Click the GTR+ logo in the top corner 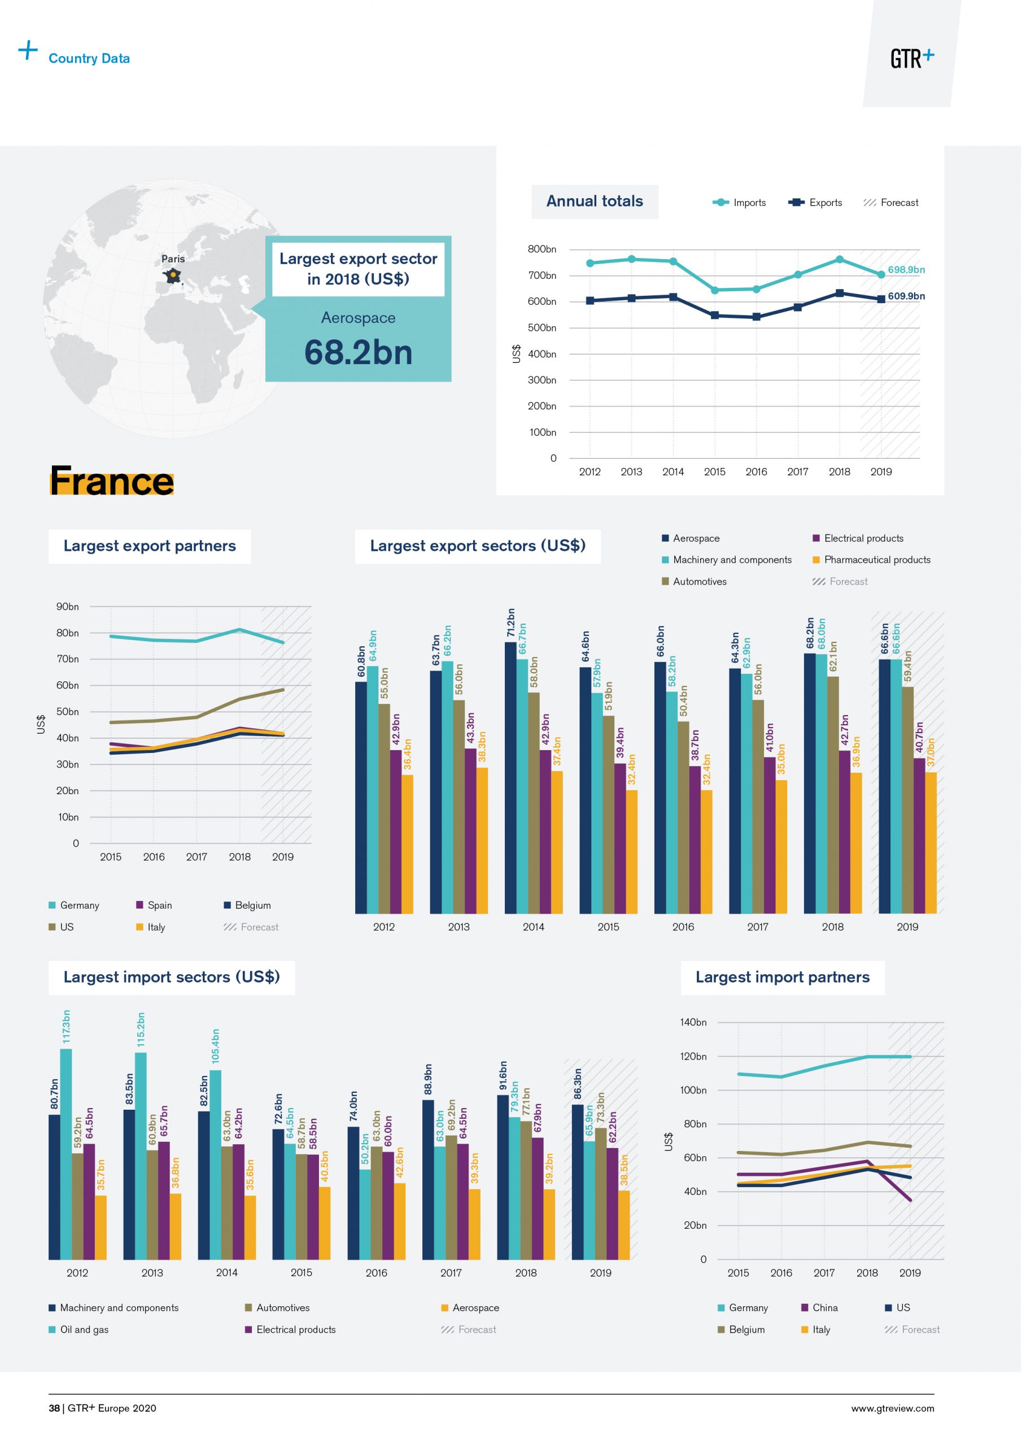point(911,58)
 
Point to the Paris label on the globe point(173,259)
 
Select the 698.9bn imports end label point(906,270)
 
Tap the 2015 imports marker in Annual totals point(714,290)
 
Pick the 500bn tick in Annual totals point(541,328)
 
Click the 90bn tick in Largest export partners point(67,607)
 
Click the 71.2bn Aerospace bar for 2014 point(510,777)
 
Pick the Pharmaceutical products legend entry point(871,559)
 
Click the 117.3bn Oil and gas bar point(66,1155)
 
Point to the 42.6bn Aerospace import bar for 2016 point(400,1221)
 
